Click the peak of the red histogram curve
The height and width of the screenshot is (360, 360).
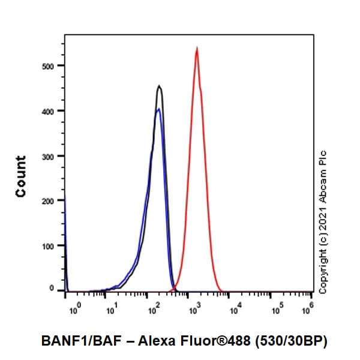[x=197, y=49]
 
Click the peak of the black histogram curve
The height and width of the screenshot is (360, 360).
[x=159, y=86]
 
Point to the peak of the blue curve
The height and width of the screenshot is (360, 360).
[x=158, y=109]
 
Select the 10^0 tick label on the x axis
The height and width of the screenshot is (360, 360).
[x=74, y=310]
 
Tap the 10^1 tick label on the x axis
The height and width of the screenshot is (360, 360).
[x=112, y=310]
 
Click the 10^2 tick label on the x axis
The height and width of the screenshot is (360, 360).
[x=153, y=310]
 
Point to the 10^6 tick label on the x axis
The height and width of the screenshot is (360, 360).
[x=308, y=310]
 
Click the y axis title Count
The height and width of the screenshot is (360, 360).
[x=21, y=176]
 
